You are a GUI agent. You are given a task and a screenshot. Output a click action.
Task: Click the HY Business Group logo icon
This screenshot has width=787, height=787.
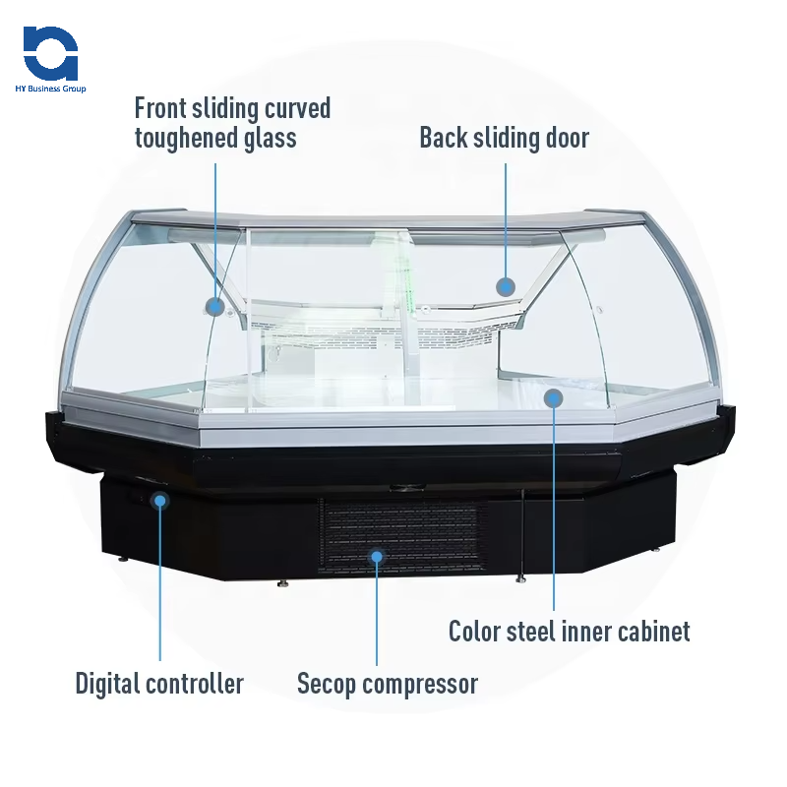tap(50, 54)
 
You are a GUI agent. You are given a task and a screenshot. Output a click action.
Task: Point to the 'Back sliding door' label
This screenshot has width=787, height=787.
tap(504, 138)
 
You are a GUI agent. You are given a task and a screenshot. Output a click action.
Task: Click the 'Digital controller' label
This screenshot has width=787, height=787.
tap(159, 683)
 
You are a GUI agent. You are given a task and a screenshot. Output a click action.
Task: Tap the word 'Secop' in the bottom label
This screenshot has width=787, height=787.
tap(330, 683)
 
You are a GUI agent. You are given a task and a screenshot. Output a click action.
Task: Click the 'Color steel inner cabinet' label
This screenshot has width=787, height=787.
tap(570, 631)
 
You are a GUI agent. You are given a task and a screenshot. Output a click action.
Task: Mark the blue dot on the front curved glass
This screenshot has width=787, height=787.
tap(215, 306)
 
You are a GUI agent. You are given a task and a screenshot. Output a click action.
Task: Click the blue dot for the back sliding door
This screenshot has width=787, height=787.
tap(506, 286)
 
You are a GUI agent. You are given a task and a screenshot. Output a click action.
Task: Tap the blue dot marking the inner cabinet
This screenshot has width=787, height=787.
tap(554, 398)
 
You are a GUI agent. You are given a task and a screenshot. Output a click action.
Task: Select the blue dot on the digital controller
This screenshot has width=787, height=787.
tap(160, 501)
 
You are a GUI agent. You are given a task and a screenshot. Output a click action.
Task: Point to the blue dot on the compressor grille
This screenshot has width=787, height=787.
tap(376, 557)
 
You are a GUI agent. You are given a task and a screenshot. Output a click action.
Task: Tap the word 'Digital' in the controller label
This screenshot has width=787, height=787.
tap(110, 683)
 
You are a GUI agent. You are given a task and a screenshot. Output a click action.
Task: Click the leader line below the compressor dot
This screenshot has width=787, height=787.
tap(376, 615)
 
